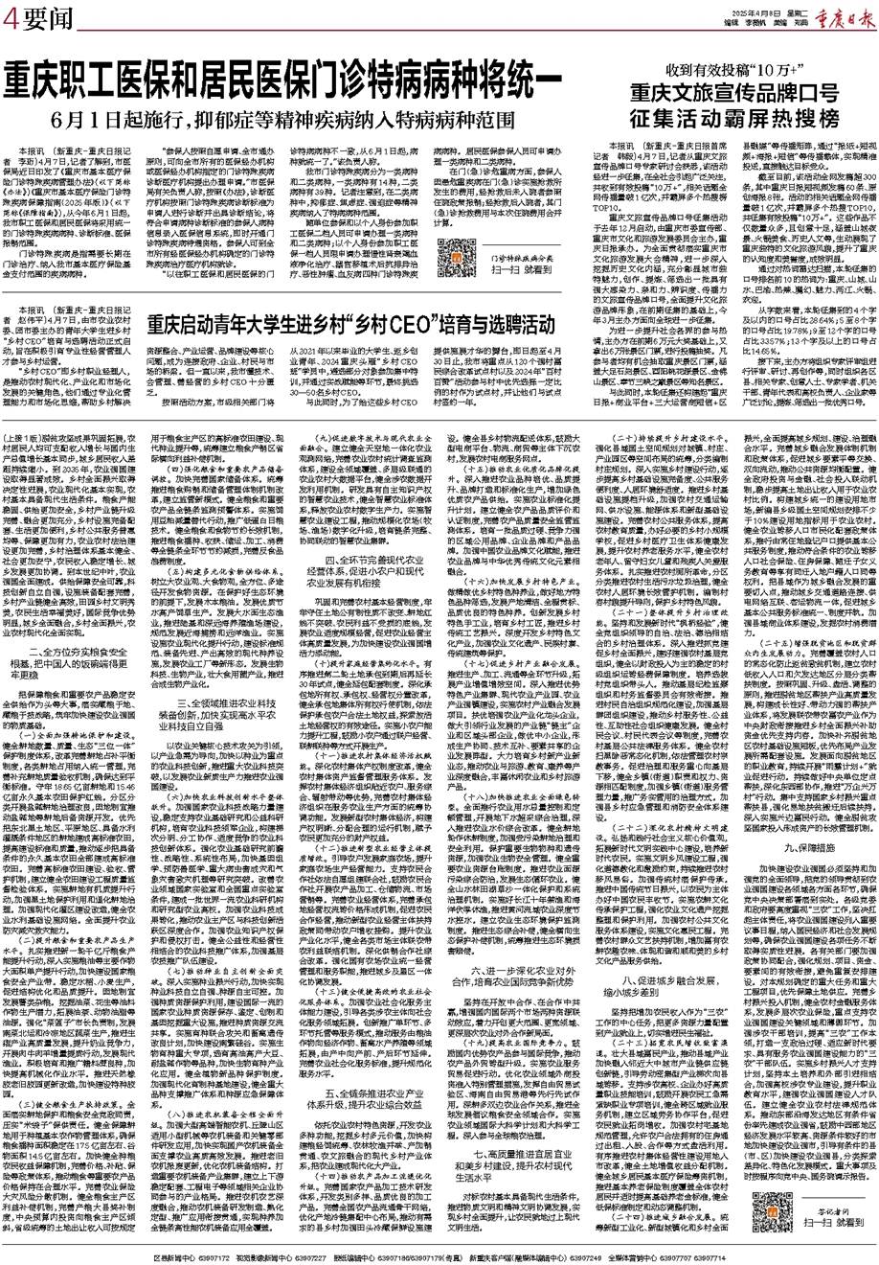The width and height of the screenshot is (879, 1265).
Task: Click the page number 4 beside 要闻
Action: point(11,16)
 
